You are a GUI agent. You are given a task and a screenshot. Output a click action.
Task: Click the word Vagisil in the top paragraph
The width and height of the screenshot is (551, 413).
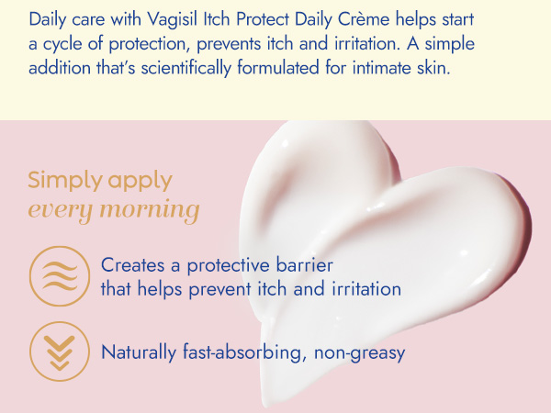(x=173, y=19)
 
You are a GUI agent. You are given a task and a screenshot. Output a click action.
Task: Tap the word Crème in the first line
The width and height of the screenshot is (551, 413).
(x=364, y=19)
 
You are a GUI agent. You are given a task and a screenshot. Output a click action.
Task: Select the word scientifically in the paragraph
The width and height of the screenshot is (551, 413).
(x=186, y=67)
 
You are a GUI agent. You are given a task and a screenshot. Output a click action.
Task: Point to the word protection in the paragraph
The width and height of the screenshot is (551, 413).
(x=150, y=44)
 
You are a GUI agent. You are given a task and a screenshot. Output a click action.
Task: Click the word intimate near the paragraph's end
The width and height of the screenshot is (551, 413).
(x=382, y=67)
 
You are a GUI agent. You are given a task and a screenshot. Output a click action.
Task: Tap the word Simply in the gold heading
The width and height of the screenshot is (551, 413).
(x=64, y=181)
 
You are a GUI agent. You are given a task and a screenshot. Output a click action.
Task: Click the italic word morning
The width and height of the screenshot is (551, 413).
(x=150, y=210)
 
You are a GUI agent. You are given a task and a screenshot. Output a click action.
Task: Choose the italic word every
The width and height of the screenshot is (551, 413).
(x=59, y=211)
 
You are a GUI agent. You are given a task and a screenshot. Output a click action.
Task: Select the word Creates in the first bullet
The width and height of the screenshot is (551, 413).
(x=132, y=265)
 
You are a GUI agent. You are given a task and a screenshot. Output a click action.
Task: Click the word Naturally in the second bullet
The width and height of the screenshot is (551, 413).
(x=139, y=352)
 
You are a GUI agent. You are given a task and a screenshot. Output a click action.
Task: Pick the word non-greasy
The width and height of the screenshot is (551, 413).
(x=359, y=353)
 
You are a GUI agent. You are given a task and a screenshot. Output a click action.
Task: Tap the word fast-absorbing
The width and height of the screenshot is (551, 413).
(x=242, y=352)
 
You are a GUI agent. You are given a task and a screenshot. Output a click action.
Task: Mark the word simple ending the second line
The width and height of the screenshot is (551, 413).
(x=450, y=44)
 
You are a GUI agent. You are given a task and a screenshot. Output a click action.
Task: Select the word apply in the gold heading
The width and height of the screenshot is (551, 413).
(x=141, y=182)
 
